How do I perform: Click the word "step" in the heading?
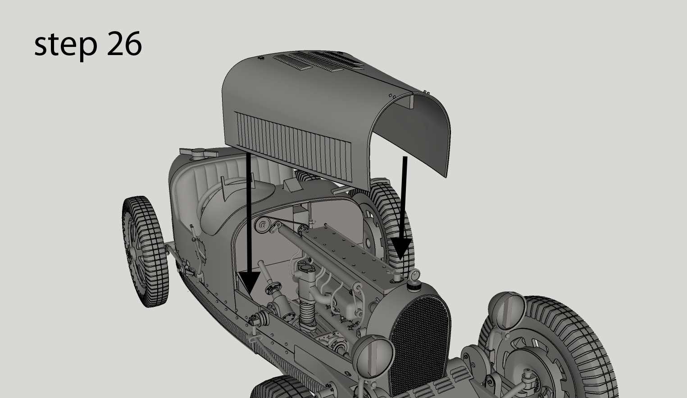(x=65, y=44)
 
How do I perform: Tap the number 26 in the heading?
(x=124, y=44)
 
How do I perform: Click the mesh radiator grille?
(x=419, y=338)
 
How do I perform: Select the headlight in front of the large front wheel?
(x=507, y=311)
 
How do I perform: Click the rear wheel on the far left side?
(x=144, y=250)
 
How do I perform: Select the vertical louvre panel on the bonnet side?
(x=293, y=144)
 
